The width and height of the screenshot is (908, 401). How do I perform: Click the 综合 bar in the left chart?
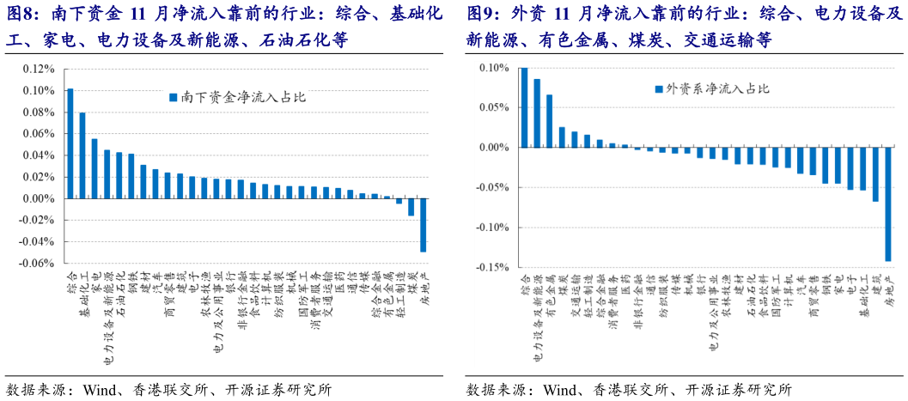(x=70, y=143)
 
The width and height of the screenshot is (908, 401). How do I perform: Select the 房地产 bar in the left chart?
(x=423, y=225)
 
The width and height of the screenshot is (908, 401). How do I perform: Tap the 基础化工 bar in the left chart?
(x=82, y=155)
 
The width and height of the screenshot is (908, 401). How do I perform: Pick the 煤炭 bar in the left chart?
(x=411, y=207)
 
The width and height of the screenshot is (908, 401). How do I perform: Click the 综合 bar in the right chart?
(x=524, y=107)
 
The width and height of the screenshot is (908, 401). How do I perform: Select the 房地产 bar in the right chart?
(x=887, y=204)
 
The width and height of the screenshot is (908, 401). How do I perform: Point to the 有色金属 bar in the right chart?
(x=549, y=121)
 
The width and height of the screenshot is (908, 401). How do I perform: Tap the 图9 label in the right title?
(x=483, y=15)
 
